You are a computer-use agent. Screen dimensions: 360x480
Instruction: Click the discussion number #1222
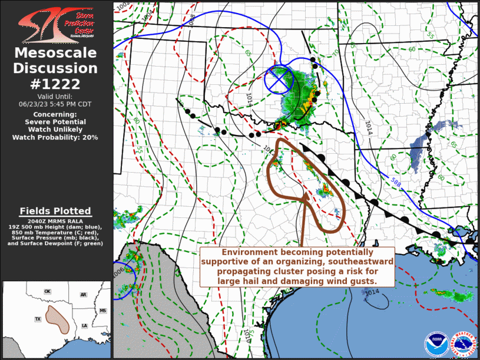click(x=56, y=84)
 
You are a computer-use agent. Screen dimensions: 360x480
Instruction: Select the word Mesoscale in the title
click(x=56, y=53)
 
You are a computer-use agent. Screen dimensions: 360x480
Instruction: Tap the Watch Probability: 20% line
click(x=55, y=137)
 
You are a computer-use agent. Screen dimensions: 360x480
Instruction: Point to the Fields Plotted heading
click(x=55, y=211)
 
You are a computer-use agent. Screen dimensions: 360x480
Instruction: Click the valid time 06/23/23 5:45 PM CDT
click(x=55, y=103)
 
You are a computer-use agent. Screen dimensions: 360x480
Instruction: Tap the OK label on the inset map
click(x=48, y=292)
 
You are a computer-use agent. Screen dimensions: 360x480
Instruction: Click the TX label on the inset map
click(x=38, y=319)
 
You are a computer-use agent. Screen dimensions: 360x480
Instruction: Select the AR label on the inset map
click(x=84, y=295)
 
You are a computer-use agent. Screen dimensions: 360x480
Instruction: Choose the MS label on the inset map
click(x=102, y=311)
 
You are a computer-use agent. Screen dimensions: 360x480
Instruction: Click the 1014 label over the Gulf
click(x=370, y=291)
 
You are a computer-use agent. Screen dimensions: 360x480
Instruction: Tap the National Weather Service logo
click(x=464, y=344)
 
